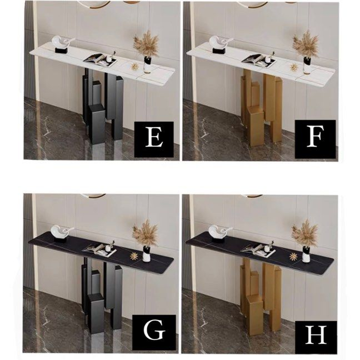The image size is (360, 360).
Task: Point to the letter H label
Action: tap(316, 334)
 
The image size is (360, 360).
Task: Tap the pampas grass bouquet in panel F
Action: tap(306, 45)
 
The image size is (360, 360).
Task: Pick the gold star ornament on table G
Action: tap(133, 256)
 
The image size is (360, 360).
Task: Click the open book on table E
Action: tap(100, 59)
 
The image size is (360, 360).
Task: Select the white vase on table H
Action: tap(306, 254)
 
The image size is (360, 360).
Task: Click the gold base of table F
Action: tap(262, 107)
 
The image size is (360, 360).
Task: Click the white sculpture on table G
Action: tap(61, 233)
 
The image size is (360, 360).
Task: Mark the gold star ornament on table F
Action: tap(294, 68)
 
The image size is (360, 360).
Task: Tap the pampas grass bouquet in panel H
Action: tap(305, 233)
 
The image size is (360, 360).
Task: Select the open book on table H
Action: tap(258, 251)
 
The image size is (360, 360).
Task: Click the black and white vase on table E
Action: tap(147, 65)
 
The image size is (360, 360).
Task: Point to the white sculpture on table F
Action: tap(221, 44)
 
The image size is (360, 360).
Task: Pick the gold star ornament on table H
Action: tap(293, 257)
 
